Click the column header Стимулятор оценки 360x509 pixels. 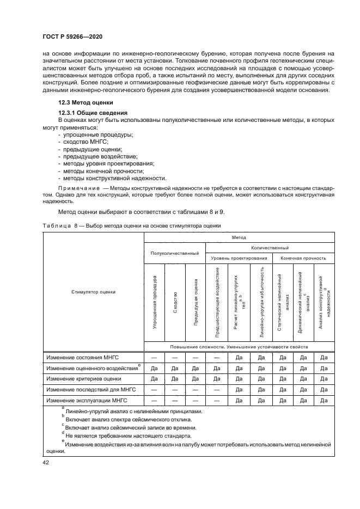93,292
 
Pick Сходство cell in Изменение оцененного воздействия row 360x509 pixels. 175,368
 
